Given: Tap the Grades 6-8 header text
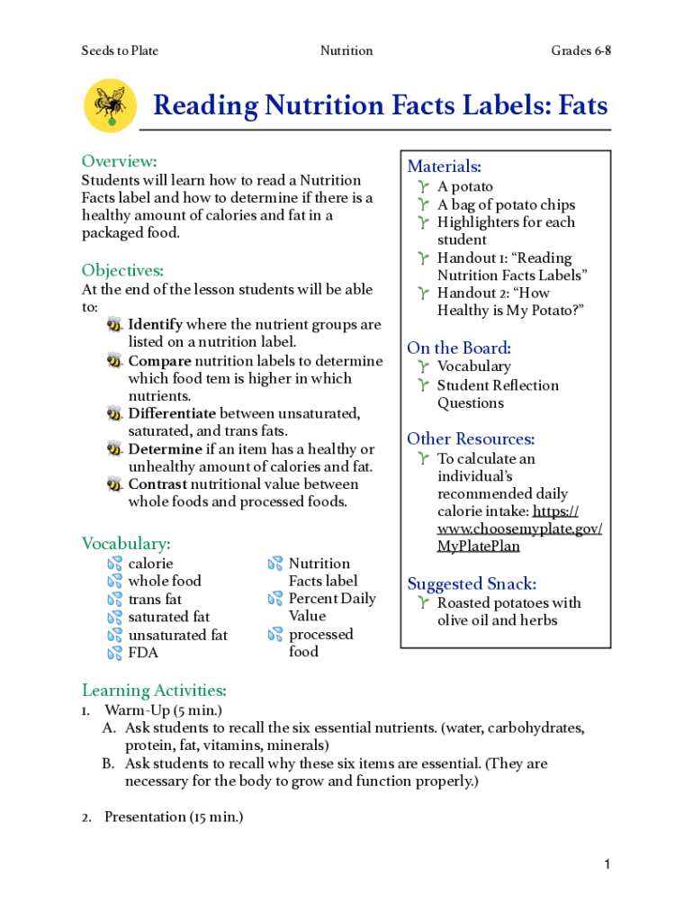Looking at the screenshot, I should click(x=580, y=50).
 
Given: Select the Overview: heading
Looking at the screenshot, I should click(x=120, y=161).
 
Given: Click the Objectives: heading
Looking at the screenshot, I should click(x=122, y=270).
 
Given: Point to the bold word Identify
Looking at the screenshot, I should click(x=156, y=324).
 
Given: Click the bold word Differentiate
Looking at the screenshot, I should click(x=172, y=413).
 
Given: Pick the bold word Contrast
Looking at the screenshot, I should click(x=157, y=484).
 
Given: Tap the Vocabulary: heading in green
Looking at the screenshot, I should click(x=126, y=544).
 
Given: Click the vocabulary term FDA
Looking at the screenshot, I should click(x=143, y=653).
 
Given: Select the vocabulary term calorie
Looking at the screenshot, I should click(x=150, y=564).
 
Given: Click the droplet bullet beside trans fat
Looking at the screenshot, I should click(x=114, y=600).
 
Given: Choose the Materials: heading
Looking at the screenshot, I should click(x=445, y=167).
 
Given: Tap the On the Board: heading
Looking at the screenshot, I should click(x=459, y=348).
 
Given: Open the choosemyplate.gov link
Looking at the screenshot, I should click(x=520, y=529).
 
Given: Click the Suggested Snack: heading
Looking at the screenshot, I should click(x=472, y=583).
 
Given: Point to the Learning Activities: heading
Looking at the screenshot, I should click(x=154, y=691).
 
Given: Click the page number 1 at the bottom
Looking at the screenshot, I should click(x=607, y=865).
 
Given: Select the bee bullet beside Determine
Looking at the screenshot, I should click(x=114, y=449).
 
